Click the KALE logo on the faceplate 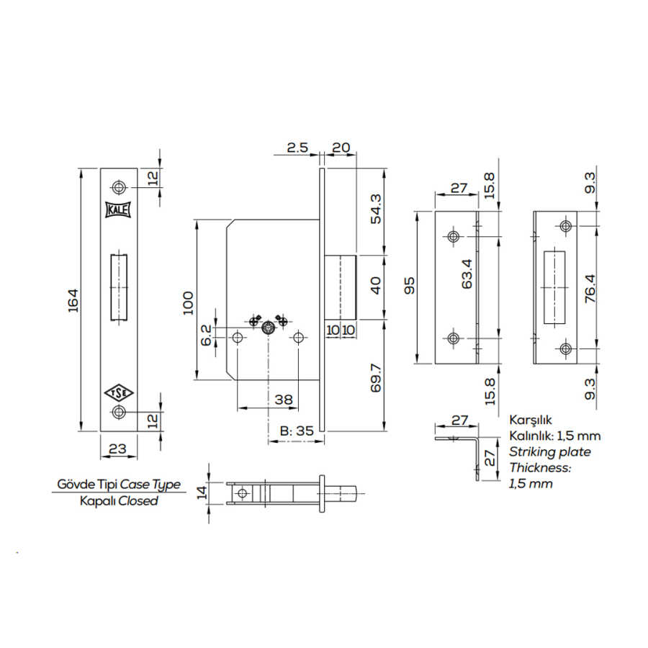(x=119, y=210)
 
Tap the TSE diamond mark (x=119, y=393)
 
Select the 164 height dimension (x=73, y=300)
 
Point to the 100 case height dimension (x=188, y=303)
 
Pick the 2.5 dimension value (x=297, y=148)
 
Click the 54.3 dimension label (x=376, y=209)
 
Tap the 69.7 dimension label (x=376, y=378)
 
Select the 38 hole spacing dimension (x=284, y=400)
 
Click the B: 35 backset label (x=297, y=431)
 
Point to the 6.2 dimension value (x=206, y=335)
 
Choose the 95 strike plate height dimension (x=409, y=286)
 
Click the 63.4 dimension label (x=467, y=274)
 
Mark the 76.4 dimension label (x=590, y=289)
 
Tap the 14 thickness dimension (x=202, y=492)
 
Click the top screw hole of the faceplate (x=119, y=187)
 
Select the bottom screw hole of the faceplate (x=119, y=412)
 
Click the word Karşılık (x=530, y=420)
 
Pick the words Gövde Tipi (x=86, y=484)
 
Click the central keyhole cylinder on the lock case (x=269, y=328)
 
